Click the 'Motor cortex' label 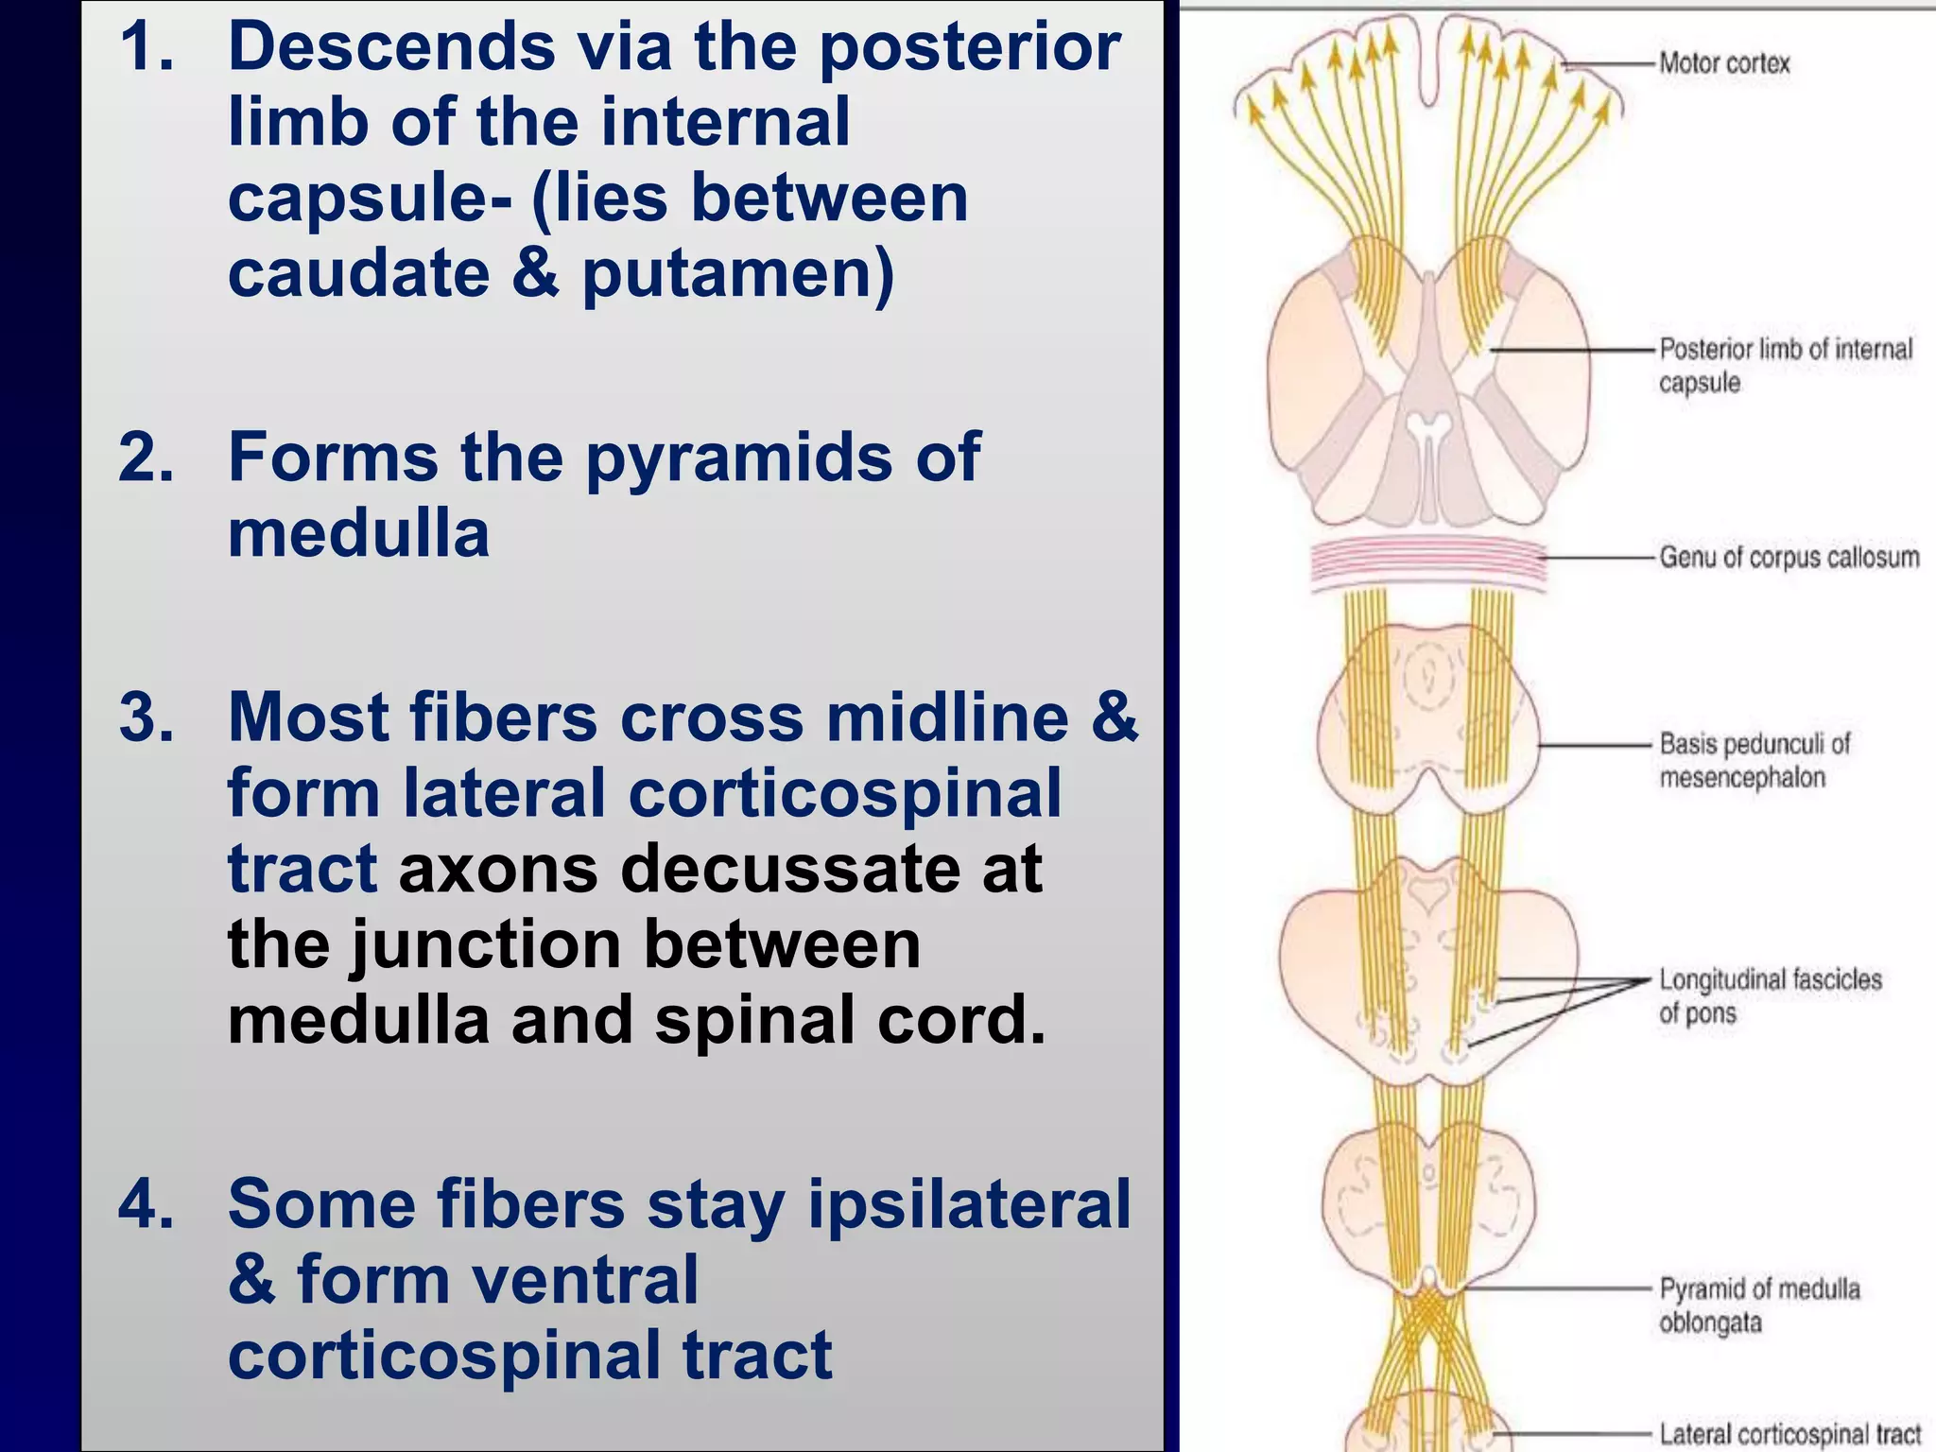pos(1724,63)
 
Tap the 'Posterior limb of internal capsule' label pos(1785,365)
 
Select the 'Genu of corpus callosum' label pos(1789,557)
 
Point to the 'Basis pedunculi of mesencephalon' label pos(1754,760)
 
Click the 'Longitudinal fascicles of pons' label pos(1770,995)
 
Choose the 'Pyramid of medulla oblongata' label pos(1758,1305)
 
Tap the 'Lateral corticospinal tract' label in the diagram pos(1789,1433)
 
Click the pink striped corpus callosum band pos(1427,564)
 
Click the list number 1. pos(147,47)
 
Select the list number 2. pos(147,458)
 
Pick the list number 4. pos(147,1204)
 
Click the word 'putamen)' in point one pos(737,274)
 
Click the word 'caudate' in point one pos(359,274)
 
